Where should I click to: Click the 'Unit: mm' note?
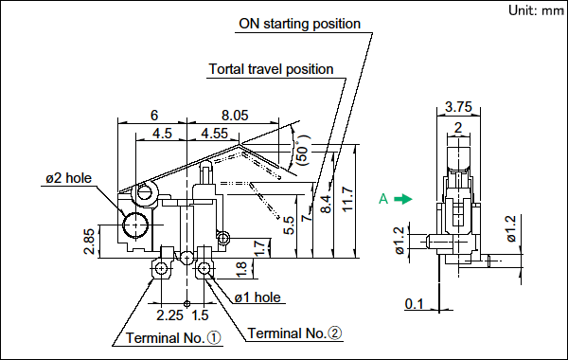(x=536, y=10)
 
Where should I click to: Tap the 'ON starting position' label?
(x=299, y=24)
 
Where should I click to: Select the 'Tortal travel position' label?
(x=271, y=69)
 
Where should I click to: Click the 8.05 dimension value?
(x=235, y=116)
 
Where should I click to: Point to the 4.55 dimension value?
(x=215, y=134)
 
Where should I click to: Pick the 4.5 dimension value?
(x=162, y=134)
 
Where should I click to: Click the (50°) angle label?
(x=304, y=151)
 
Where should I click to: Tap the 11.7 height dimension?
(x=347, y=199)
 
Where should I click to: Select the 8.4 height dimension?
(x=326, y=204)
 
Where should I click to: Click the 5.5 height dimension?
(x=289, y=225)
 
